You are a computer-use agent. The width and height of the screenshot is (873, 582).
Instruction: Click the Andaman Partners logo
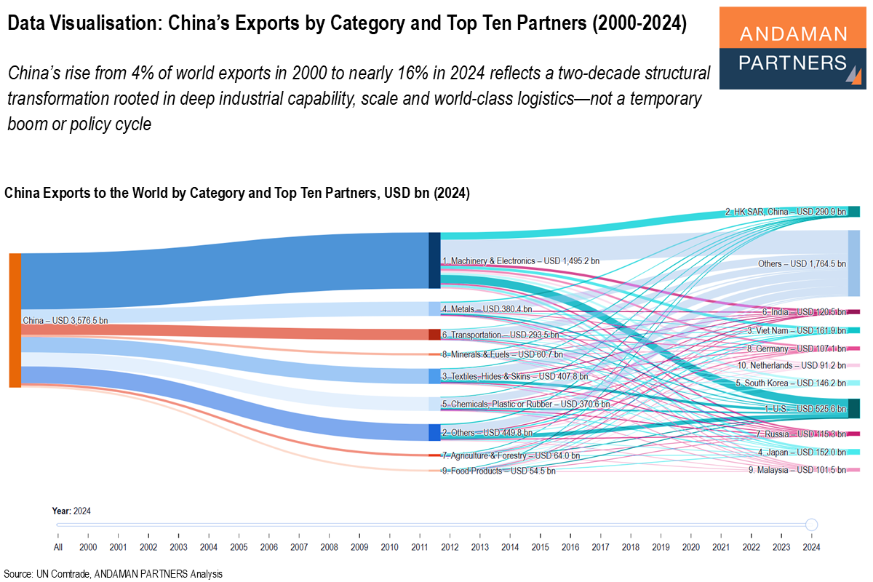792,48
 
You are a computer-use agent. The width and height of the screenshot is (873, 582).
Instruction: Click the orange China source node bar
15,320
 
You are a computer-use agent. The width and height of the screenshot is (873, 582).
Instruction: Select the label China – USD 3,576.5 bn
65,320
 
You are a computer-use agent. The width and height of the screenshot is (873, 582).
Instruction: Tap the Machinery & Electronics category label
520,260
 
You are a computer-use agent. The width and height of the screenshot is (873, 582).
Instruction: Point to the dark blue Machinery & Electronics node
434,260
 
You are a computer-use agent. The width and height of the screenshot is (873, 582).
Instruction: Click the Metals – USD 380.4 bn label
487,309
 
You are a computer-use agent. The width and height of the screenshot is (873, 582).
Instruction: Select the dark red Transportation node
434,335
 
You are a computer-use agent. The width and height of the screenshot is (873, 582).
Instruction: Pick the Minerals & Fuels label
502,354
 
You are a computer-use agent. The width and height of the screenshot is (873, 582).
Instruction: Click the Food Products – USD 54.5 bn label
498,471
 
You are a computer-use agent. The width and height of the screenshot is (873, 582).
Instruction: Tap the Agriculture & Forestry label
510,455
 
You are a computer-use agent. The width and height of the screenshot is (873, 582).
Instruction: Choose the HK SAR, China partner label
786,212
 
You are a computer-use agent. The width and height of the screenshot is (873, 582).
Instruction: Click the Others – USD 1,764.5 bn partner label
802,263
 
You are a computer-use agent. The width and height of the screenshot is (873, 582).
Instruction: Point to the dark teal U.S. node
854,408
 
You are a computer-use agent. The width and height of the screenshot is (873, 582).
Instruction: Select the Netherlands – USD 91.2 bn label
792,365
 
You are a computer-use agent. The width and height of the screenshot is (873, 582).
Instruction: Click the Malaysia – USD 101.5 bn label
797,470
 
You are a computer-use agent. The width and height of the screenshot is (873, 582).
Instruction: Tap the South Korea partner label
791,383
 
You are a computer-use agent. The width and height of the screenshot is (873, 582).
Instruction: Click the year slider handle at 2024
812,525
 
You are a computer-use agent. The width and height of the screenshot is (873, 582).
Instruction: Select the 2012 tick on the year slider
450,546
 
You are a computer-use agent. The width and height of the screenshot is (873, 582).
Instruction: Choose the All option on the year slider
57,546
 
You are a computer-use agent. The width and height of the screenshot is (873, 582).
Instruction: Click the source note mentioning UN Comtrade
113,573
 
